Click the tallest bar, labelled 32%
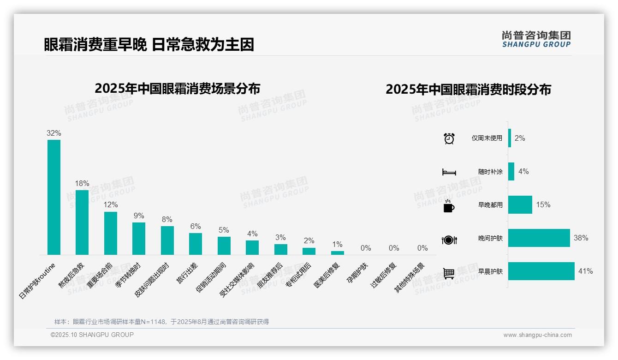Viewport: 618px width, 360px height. point(54,197)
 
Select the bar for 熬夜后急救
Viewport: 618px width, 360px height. point(82,222)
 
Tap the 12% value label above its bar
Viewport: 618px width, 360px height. point(111,205)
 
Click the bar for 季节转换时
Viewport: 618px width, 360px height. point(139,239)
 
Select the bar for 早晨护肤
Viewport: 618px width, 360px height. point(541,271)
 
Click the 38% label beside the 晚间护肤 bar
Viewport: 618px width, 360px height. point(581,238)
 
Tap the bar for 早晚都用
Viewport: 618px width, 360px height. point(520,205)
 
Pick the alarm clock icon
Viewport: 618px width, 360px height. point(449,138)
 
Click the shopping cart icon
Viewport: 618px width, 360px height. point(449,273)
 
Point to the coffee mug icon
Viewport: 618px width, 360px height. point(449,206)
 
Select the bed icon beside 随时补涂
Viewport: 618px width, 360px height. point(449,172)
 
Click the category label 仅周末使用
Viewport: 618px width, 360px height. point(487,138)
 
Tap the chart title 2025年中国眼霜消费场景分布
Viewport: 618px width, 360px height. point(177,89)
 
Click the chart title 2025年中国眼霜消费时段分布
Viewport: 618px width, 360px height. point(468,90)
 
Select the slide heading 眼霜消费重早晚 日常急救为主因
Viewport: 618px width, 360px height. point(149,45)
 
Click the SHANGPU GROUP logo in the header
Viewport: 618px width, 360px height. point(536,39)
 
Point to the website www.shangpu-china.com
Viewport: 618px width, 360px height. point(537,335)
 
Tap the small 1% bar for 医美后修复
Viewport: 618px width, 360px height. point(338,253)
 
